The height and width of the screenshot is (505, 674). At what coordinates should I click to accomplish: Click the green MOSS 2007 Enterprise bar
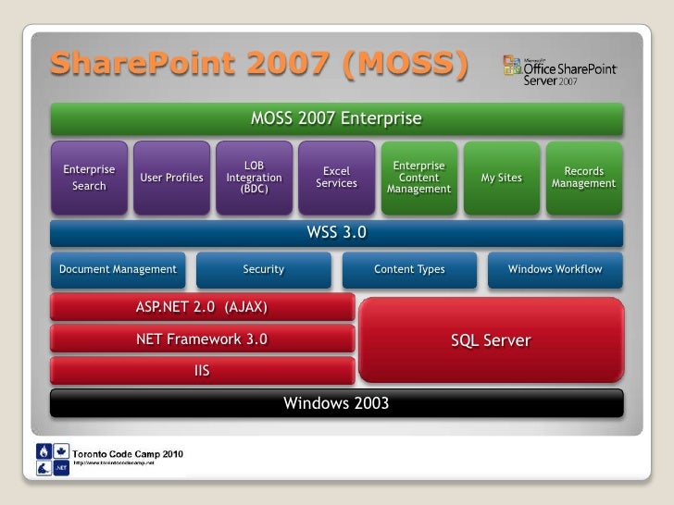(336, 119)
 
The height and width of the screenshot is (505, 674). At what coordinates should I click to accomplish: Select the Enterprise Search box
(89, 178)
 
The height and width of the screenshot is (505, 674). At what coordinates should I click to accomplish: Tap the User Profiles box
(171, 178)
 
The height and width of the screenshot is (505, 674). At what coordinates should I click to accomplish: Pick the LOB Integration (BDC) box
(254, 178)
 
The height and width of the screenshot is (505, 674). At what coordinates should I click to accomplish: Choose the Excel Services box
(336, 178)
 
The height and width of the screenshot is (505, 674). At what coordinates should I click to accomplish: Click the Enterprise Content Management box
(418, 178)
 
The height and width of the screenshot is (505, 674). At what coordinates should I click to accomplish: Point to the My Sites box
(501, 178)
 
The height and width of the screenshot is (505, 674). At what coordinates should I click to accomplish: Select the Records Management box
(583, 178)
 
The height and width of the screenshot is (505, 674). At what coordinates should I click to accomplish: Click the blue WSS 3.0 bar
(336, 233)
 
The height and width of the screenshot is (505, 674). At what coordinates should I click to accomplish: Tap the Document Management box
(118, 270)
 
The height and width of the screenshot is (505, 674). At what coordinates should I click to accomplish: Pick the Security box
(263, 270)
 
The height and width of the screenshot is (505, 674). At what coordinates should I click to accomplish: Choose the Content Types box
(409, 270)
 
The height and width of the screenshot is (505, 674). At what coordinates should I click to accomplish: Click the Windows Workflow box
(555, 270)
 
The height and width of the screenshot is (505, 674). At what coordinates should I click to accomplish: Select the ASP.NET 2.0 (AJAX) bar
(202, 307)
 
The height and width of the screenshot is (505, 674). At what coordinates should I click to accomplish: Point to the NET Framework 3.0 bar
(202, 339)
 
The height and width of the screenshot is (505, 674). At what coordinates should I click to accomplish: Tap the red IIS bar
(202, 371)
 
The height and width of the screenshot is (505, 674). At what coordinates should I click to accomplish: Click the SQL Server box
(491, 340)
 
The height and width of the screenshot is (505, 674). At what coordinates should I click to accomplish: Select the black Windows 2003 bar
(336, 403)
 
